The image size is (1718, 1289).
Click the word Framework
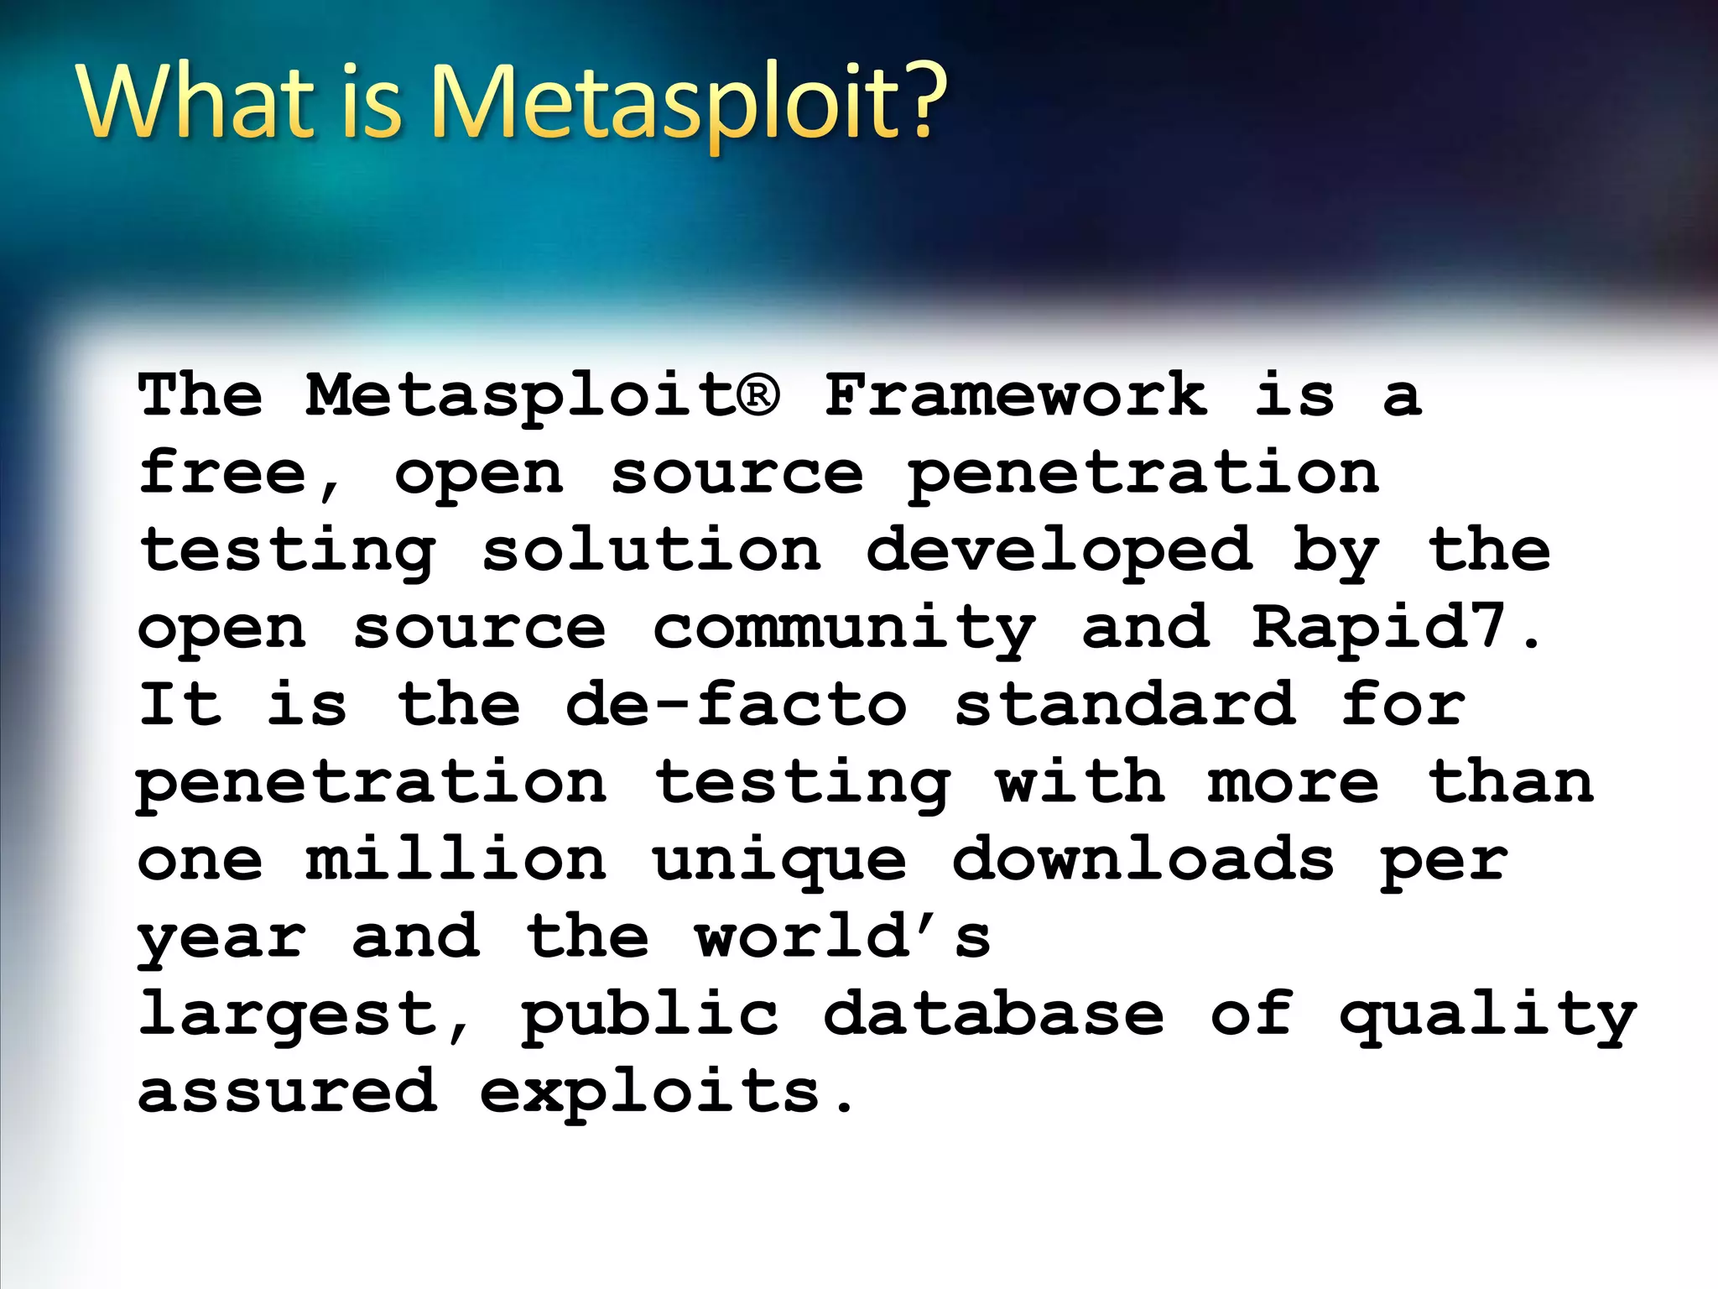click(1016, 394)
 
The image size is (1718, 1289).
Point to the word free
click(222, 472)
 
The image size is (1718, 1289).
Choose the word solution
click(651, 551)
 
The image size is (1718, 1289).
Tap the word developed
click(1059, 551)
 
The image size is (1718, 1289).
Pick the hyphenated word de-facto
click(736, 705)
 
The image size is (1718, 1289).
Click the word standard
click(1125, 705)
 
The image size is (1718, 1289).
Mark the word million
click(456, 859)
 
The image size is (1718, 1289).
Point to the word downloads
click(1143, 859)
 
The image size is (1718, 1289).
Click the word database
click(994, 1014)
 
